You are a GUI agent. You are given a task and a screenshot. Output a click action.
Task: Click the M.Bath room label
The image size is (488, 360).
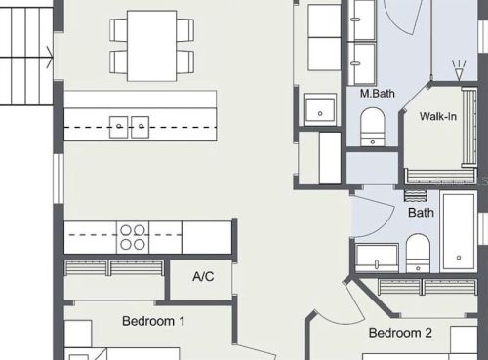[378, 94]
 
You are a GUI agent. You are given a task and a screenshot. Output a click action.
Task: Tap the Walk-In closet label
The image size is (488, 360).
[438, 116]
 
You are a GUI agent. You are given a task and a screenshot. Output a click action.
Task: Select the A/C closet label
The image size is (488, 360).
[203, 276]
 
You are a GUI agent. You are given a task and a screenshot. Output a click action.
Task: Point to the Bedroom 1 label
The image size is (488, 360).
[153, 321]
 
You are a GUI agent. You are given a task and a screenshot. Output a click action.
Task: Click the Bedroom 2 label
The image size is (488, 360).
[400, 333]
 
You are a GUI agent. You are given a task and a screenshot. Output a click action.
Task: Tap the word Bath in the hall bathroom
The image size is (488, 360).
[421, 213]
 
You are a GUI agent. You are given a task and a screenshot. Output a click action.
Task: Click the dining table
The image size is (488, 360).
[152, 46]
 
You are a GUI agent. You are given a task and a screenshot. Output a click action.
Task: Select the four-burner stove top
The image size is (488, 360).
[133, 237]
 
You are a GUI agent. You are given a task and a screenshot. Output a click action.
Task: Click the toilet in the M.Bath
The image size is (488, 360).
[373, 127]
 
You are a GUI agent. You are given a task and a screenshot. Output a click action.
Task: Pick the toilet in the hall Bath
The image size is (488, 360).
[418, 253]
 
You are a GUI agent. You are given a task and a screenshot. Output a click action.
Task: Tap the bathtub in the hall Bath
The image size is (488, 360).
[459, 231]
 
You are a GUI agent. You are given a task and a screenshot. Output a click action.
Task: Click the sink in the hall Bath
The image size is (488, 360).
[377, 258]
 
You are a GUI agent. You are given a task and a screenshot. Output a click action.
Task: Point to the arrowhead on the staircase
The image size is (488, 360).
[51, 58]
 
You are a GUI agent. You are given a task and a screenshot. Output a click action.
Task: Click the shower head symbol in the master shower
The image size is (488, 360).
[459, 70]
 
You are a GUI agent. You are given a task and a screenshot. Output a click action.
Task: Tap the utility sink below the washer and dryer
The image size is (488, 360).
[320, 109]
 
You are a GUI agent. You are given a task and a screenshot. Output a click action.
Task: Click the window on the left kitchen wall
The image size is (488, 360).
[59, 179]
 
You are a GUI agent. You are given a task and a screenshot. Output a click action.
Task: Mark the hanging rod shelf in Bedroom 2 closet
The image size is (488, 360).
[427, 287]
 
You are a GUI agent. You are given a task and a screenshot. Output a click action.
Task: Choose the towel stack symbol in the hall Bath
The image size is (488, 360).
[416, 195]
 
